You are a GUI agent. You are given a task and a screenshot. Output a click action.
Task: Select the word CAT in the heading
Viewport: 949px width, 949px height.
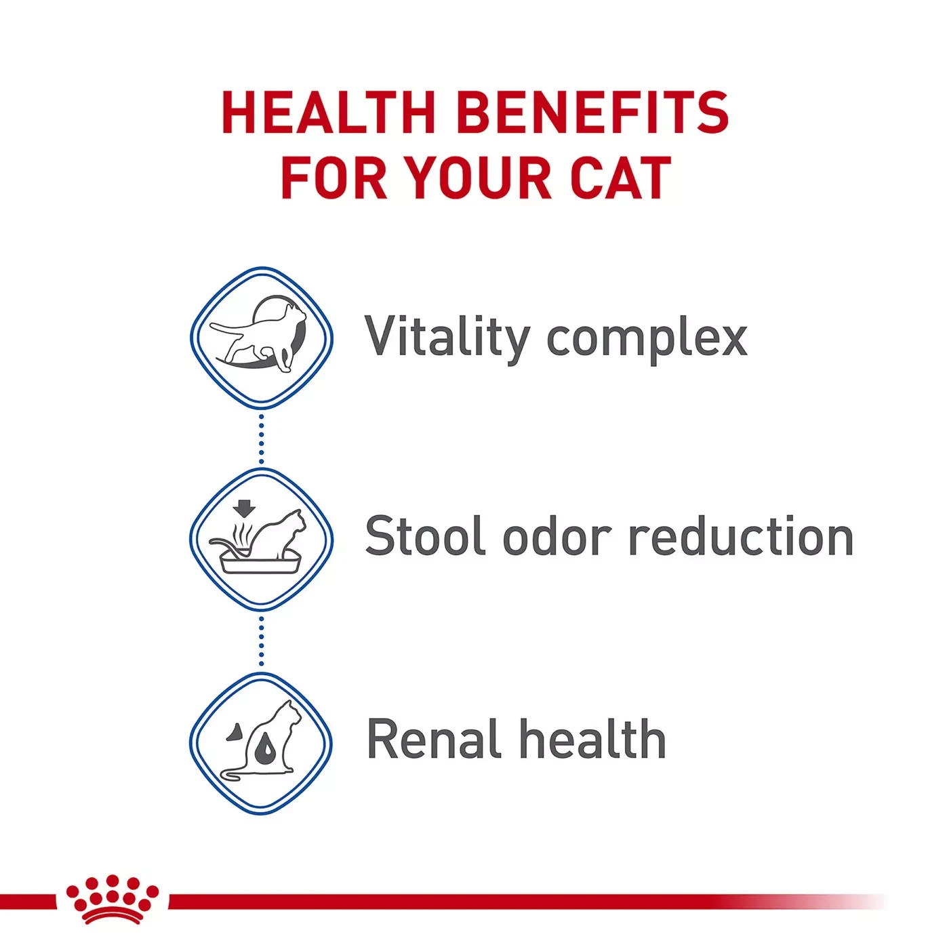(622, 178)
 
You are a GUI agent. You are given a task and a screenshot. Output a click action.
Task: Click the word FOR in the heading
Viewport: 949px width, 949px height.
(334, 178)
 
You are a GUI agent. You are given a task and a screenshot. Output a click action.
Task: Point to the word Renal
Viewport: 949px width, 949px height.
(434, 739)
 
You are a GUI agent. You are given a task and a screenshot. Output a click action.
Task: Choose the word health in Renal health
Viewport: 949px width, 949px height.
(593, 739)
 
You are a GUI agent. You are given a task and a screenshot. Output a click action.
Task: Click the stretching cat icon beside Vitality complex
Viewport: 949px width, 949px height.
(258, 334)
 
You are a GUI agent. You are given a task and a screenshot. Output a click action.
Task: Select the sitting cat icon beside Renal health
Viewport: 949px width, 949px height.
(261, 741)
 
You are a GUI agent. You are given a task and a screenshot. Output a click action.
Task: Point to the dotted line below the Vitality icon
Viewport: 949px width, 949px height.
(261, 439)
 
